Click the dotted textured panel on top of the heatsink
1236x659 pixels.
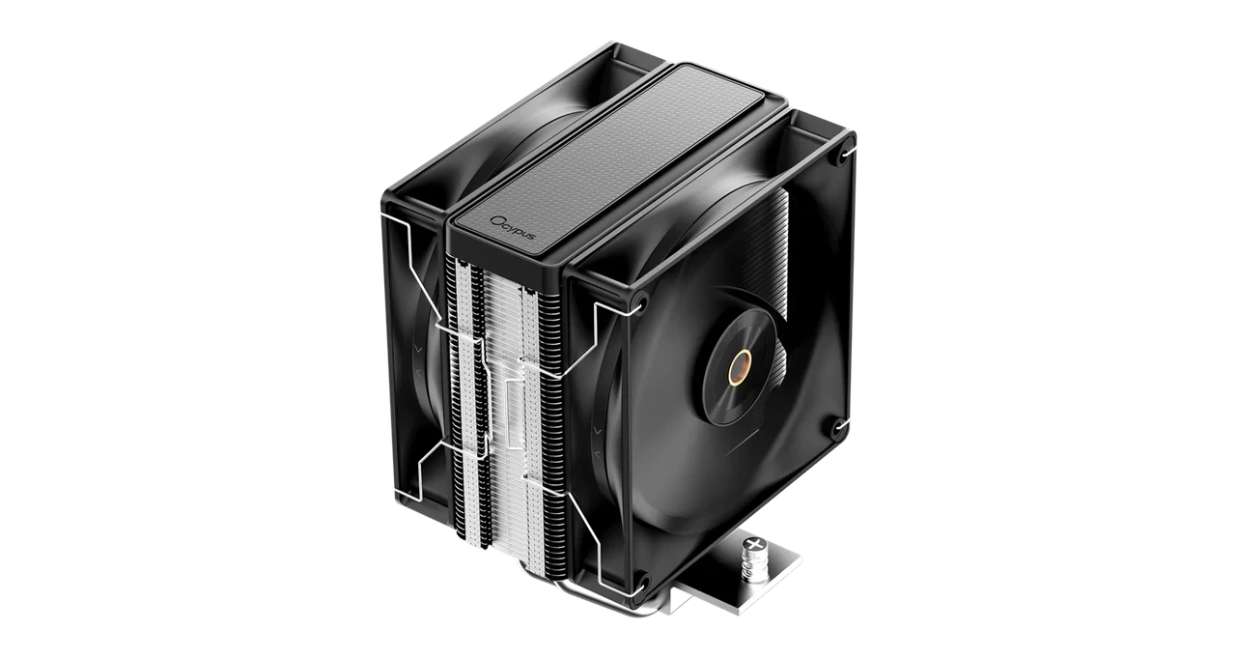(618, 145)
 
